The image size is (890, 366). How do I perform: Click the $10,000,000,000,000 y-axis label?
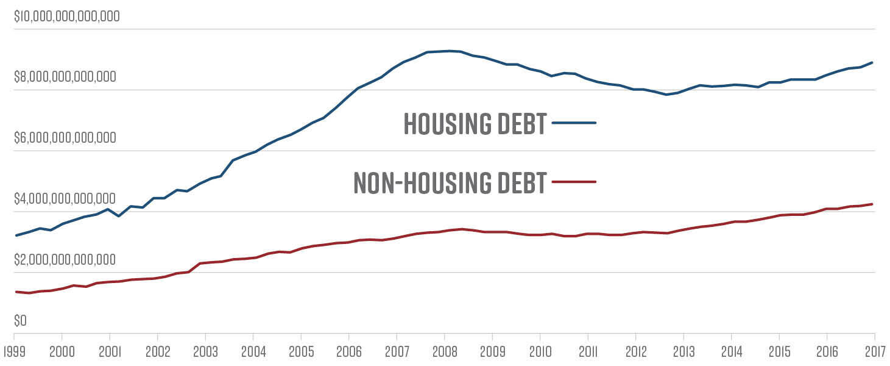pyautogui.click(x=67, y=16)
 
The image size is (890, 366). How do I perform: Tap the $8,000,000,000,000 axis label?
pyautogui.click(x=65, y=77)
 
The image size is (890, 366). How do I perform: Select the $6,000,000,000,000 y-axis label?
pyautogui.click(x=65, y=138)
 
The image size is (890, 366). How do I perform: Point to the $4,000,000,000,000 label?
pyautogui.click(x=65, y=199)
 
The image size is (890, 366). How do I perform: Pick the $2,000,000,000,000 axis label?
pyautogui.click(x=65, y=260)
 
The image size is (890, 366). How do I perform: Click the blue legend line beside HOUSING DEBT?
pyautogui.click(x=574, y=123)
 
